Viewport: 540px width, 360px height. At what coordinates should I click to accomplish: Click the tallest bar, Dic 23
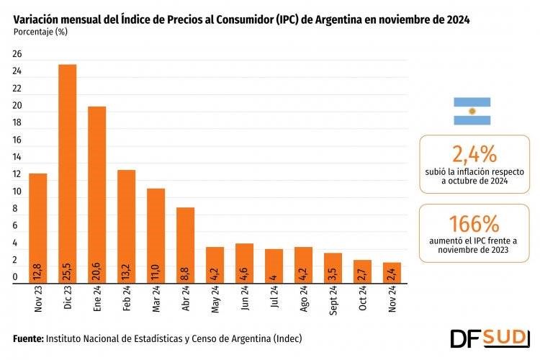pyautogui.click(x=67, y=173)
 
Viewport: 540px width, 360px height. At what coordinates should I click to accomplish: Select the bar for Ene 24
pyautogui.click(x=96, y=194)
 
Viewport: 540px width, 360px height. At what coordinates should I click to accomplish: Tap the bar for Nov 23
pyautogui.click(x=37, y=228)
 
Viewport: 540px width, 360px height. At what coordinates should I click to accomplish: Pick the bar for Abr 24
pyautogui.click(x=185, y=245)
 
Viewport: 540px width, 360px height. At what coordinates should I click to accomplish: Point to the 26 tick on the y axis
pyautogui.click(x=17, y=55)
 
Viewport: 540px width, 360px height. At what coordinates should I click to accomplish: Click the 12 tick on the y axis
pyautogui.click(x=17, y=175)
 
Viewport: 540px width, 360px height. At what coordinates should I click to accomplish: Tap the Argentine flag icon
pyautogui.click(x=472, y=111)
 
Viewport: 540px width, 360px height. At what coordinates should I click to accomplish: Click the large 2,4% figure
pyautogui.click(x=474, y=153)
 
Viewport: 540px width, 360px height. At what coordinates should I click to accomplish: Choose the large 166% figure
pyautogui.click(x=474, y=222)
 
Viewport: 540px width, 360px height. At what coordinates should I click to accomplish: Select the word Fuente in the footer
pyautogui.click(x=28, y=338)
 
